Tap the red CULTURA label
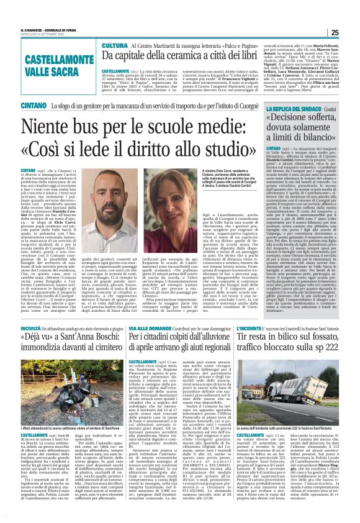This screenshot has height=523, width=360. [x=115, y=46]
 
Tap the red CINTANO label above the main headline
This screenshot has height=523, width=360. [x=15, y=106]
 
